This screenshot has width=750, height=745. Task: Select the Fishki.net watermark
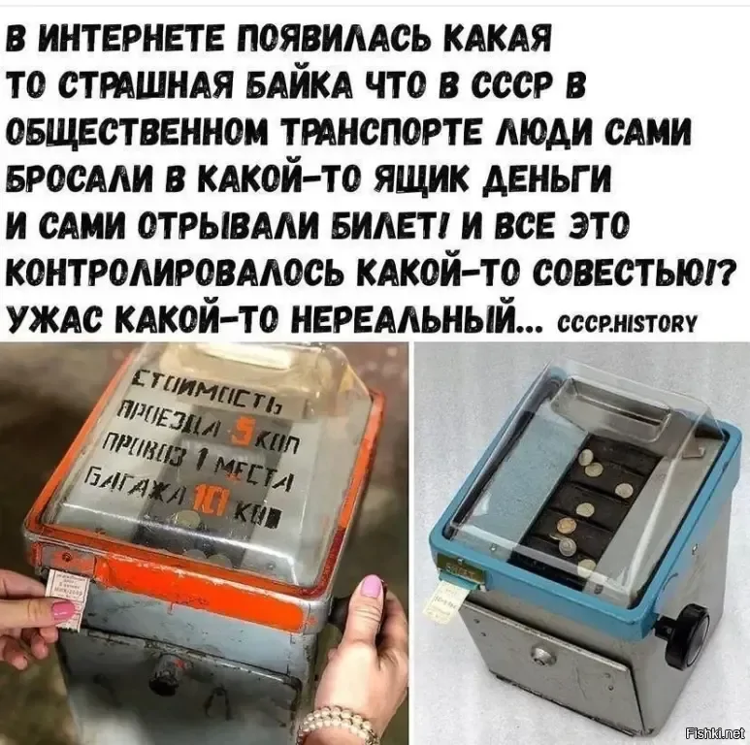[x=712, y=731]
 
